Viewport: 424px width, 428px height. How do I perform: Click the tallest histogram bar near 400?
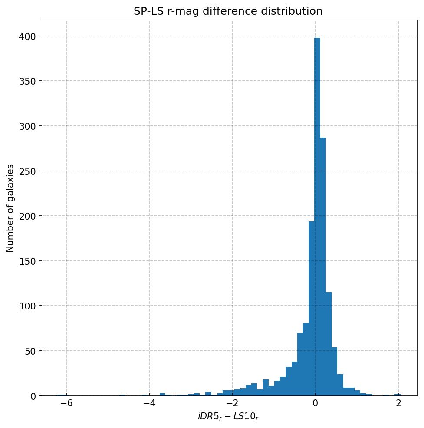(317, 217)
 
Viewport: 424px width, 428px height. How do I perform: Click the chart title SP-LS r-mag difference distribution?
(228, 11)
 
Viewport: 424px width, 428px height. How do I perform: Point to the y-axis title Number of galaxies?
(10, 208)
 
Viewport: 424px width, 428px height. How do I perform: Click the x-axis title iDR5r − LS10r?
(228, 417)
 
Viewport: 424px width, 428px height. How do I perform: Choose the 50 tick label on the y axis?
(29, 351)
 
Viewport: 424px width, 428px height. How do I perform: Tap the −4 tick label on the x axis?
(148, 403)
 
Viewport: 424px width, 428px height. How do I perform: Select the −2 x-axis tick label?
(231, 403)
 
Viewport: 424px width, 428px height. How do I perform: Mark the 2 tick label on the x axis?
(398, 403)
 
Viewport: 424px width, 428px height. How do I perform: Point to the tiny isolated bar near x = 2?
(397, 395)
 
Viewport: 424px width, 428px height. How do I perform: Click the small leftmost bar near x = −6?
(62, 395)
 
